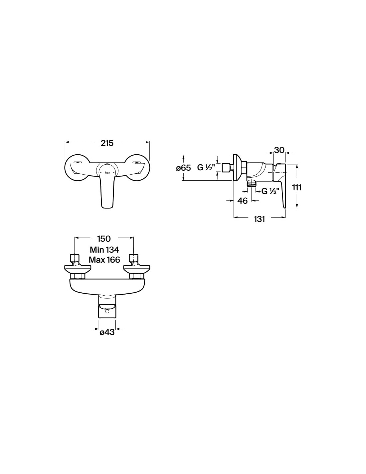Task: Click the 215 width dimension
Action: pyautogui.click(x=107, y=143)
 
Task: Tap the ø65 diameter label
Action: pyautogui.click(x=183, y=168)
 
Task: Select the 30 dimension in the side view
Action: pyautogui.click(x=279, y=150)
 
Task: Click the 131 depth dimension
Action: pyautogui.click(x=259, y=219)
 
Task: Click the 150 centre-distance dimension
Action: pyautogui.click(x=104, y=239)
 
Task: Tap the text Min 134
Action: pyautogui.click(x=104, y=249)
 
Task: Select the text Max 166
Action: pyautogui.click(x=104, y=260)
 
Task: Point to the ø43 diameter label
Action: pyautogui.click(x=107, y=332)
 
